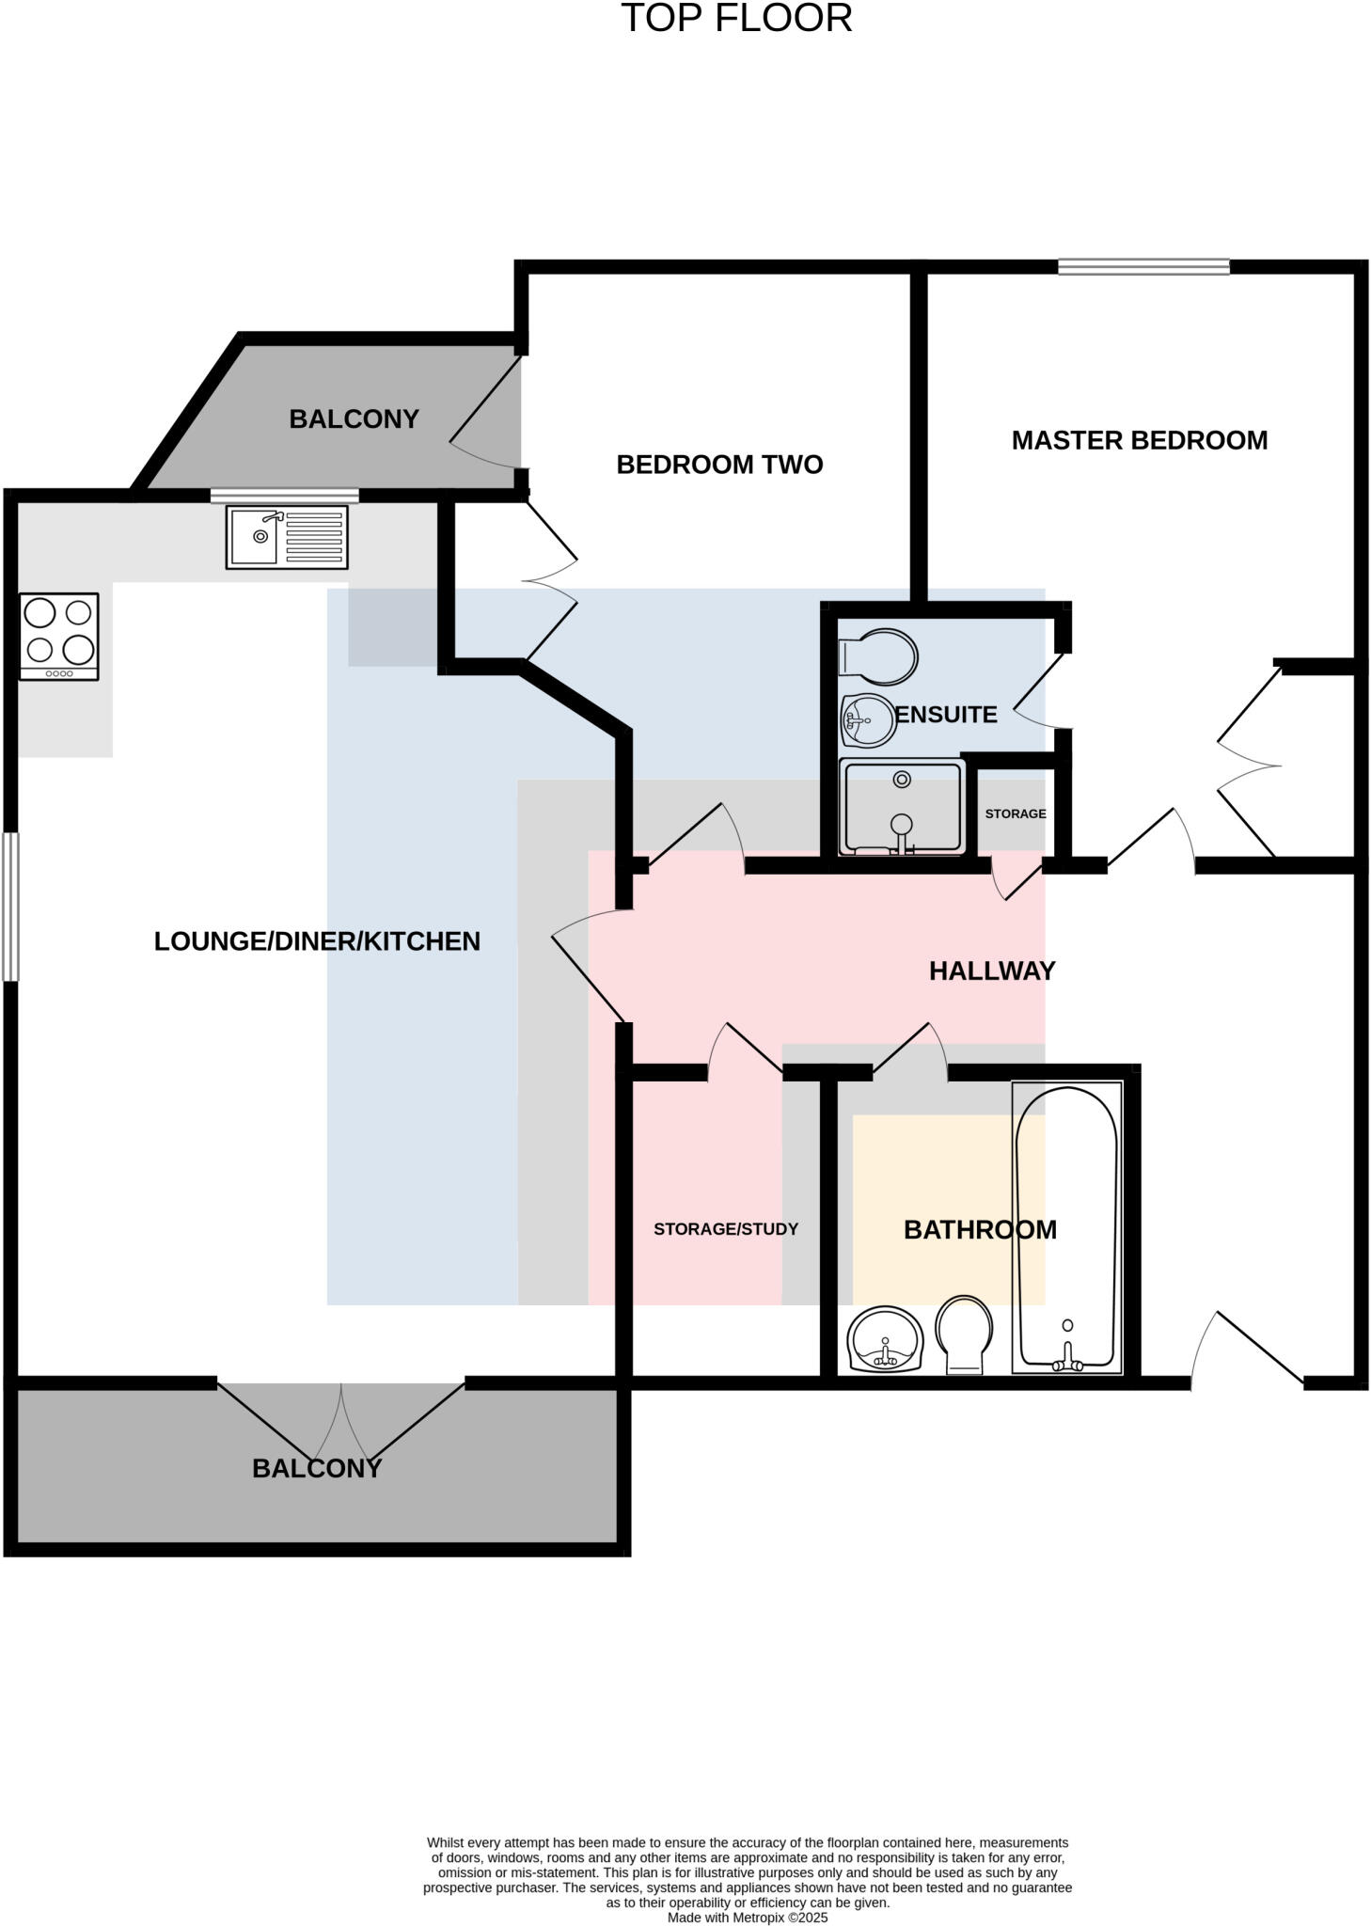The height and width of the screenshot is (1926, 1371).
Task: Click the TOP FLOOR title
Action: [x=736, y=19]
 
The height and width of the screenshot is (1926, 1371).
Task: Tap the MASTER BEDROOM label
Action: [x=1139, y=440]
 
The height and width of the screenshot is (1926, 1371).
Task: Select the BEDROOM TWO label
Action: [x=719, y=465]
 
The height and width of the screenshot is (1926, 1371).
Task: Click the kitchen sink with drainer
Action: [x=287, y=537]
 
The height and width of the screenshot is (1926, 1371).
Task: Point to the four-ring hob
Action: [x=59, y=636]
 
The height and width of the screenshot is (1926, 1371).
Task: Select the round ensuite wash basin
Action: [x=868, y=720]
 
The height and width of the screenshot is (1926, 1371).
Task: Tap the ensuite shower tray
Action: [x=902, y=806]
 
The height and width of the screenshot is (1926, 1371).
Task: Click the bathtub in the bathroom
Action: [x=1066, y=1227]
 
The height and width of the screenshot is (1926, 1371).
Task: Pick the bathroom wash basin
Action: [x=885, y=1339]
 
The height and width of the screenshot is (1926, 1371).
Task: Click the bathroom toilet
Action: [x=964, y=1334]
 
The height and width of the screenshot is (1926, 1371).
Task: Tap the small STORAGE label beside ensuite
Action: [x=1015, y=813]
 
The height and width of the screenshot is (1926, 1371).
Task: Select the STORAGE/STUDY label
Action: [x=725, y=1229]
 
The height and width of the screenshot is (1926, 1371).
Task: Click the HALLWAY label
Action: [x=991, y=971]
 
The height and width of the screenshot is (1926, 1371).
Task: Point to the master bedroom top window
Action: [x=1142, y=267]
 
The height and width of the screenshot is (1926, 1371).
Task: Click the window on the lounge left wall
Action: [x=10, y=907]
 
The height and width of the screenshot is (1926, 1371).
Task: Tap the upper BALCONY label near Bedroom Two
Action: [x=354, y=419]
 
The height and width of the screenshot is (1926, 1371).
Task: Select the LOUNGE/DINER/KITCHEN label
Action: [x=317, y=941]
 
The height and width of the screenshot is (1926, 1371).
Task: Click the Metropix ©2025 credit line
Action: [x=747, y=1918]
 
